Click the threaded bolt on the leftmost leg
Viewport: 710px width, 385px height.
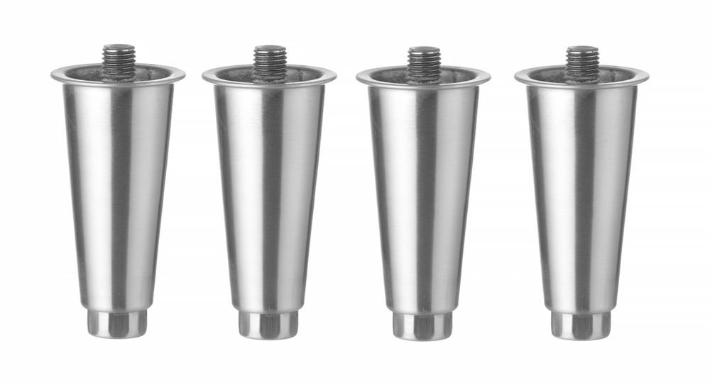(x=118, y=57)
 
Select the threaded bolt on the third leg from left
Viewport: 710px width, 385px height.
(x=423, y=60)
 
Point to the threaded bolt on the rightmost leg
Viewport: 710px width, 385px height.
(x=581, y=59)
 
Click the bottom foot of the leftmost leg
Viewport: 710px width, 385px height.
(x=117, y=323)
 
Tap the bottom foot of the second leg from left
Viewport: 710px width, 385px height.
(x=268, y=325)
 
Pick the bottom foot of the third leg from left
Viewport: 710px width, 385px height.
(x=422, y=325)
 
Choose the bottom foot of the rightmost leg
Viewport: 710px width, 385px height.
(x=580, y=325)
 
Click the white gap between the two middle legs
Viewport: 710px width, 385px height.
(x=346, y=213)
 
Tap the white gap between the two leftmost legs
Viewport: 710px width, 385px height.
(x=193, y=213)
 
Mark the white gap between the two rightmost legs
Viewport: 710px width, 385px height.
(x=503, y=213)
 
